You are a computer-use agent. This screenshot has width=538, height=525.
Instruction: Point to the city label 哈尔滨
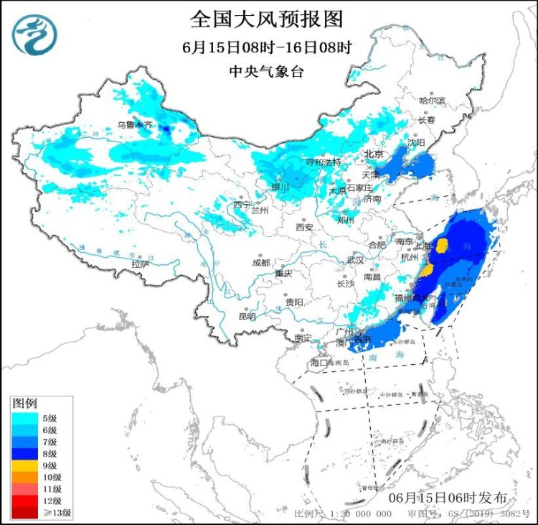(432, 101)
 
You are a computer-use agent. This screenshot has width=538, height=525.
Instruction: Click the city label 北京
(374, 154)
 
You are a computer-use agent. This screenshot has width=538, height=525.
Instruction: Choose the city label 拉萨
(141, 264)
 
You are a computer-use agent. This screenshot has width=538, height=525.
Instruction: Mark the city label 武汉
(355, 259)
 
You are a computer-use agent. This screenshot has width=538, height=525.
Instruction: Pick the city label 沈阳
(416, 143)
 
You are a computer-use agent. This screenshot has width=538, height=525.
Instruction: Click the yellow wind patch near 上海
(443, 247)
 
